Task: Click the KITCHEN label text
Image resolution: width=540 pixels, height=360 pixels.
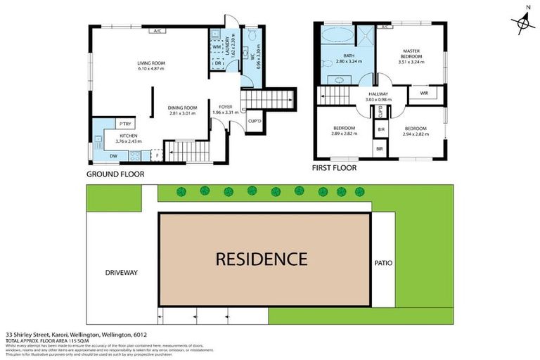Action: tap(127, 135)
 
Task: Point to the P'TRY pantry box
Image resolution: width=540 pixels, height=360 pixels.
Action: tap(125, 123)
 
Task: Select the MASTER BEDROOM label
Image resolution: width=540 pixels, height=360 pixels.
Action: tap(411, 54)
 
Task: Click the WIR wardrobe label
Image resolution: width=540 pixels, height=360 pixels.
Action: tap(424, 93)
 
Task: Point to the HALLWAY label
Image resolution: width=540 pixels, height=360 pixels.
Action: tap(381, 94)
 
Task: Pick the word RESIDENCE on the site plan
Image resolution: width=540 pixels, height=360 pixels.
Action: tap(261, 259)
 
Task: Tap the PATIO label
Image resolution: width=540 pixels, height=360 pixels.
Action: tap(384, 264)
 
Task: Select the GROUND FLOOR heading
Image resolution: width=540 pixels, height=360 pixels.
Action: tap(115, 174)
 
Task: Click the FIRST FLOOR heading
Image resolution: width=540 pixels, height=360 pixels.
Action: tap(335, 168)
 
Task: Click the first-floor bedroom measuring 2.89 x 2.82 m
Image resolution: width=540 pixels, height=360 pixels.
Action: tap(344, 130)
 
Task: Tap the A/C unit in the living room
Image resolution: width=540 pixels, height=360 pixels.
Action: tap(157, 31)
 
